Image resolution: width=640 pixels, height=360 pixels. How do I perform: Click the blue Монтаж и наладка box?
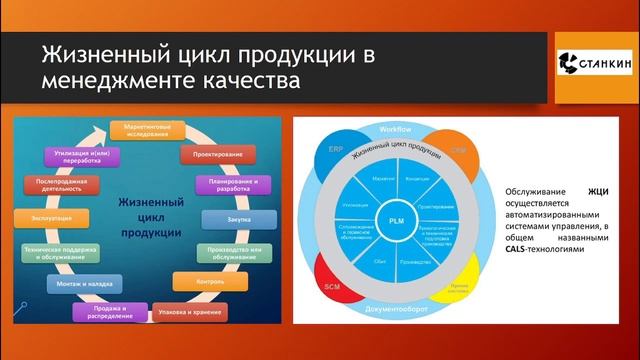76,284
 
